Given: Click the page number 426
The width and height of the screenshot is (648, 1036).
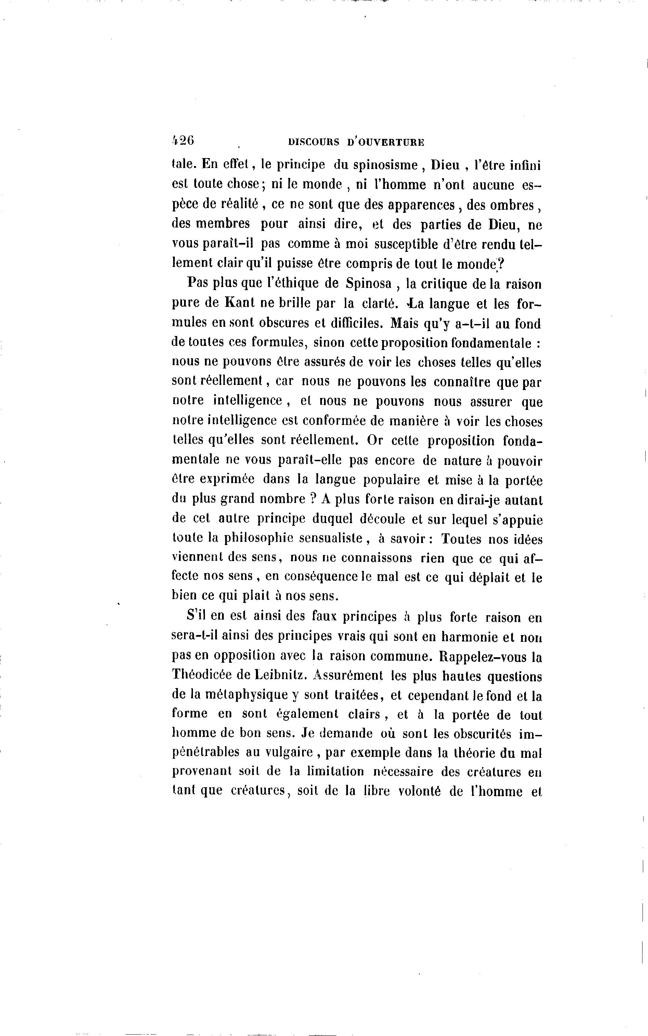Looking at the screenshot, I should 183,141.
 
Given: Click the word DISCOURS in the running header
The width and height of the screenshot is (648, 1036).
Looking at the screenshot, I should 314,142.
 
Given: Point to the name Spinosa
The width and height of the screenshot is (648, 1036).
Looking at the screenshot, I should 368,284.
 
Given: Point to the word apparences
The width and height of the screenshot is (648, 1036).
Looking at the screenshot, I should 421,205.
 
